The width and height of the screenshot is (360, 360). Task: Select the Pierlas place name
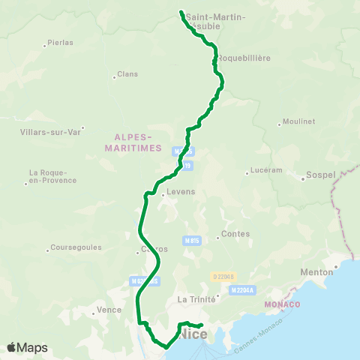pyautogui.click(x=60, y=43)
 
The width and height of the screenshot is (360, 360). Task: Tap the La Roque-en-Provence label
pyautogui.click(x=52, y=176)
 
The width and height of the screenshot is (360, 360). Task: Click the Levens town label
pyautogui.click(x=181, y=192)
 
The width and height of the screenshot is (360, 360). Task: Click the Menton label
pyautogui.click(x=318, y=272)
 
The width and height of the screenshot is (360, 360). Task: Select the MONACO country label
pyautogui.click(x=282, y=304)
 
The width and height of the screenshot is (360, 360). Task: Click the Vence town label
pyautogui.click(x=109, y=309)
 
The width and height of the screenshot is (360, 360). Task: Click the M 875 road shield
pyautogui.click(x=192, y=241)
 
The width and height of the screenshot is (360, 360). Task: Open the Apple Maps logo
pyautogui.click(x=27, y=347)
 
